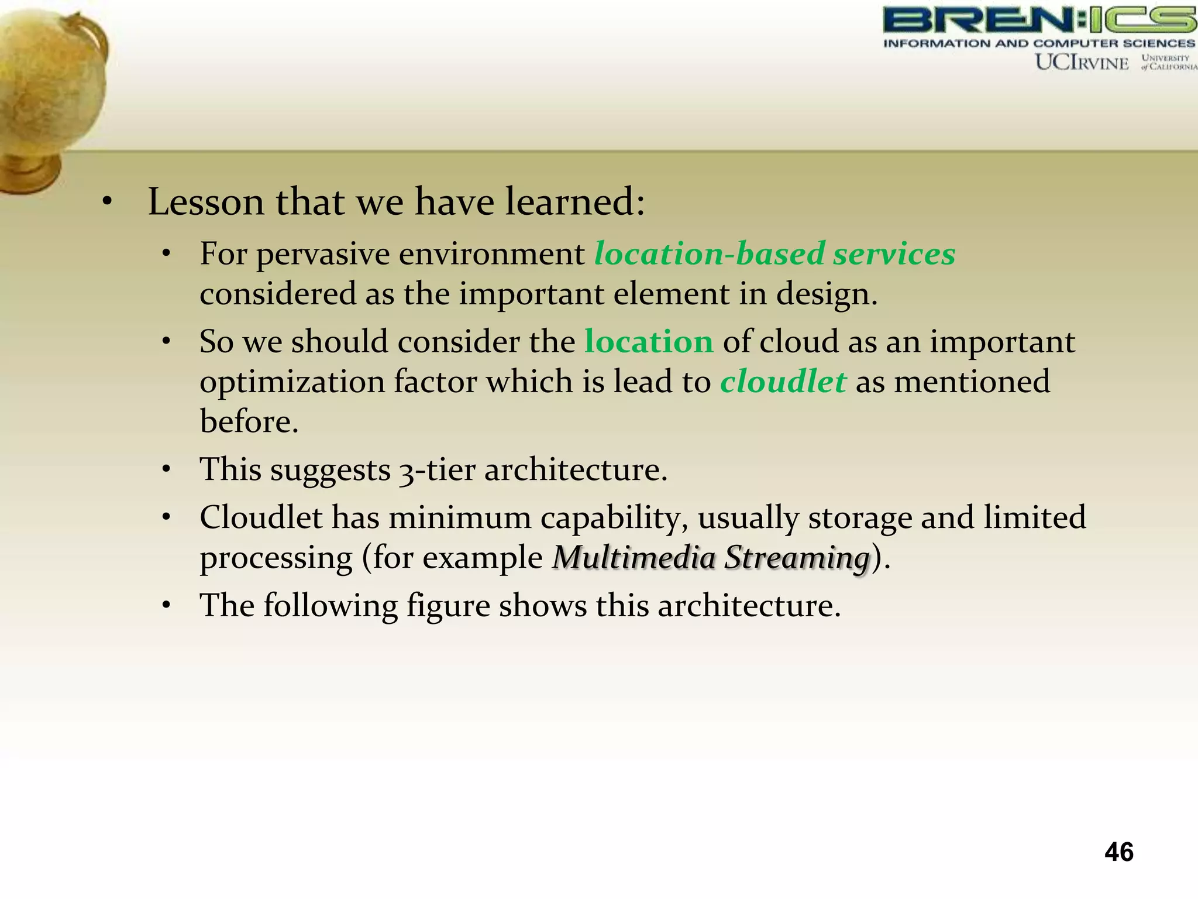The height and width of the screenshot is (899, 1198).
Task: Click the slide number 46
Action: click(x=1118, y=852)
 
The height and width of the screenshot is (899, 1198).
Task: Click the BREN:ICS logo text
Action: click(x=1039, y=20)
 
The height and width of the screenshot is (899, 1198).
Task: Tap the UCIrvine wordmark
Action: click(x=1082, y=62)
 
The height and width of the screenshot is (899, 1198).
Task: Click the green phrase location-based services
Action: click(x=774, y=254)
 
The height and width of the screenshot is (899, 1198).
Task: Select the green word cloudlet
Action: click(x=783, y=382)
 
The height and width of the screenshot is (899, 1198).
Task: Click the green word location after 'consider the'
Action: click(x=649, y=341)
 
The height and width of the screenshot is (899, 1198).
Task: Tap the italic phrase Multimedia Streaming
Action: click(x=711, y=557)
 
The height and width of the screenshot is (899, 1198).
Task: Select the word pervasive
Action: click(x=323, y=254)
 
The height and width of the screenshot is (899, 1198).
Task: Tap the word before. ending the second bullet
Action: click(x=249, y=421)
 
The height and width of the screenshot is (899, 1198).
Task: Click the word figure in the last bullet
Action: click(x=448, y=606)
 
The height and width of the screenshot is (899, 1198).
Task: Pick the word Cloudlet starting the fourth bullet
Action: click(x=261, y=518)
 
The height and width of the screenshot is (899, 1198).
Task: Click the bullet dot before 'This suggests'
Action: click(x=167, y=469)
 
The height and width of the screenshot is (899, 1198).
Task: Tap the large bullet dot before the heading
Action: click(x=106, y=203)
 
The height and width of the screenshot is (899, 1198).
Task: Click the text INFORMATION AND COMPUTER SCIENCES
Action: click(x=1039, y=43)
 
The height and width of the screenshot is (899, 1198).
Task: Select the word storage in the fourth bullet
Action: click(x=859, y=518)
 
